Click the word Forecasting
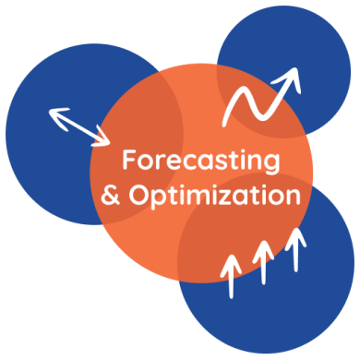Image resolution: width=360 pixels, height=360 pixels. (200, 161)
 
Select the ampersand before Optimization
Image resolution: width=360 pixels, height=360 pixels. (110, 196)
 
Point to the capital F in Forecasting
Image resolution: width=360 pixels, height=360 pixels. (129, 161)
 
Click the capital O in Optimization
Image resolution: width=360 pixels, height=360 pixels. (138, 196)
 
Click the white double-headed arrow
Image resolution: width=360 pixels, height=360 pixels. (78, 126)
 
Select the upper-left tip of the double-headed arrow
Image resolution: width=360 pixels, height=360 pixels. (52, 112)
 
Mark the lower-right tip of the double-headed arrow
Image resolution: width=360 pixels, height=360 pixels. (106, 142)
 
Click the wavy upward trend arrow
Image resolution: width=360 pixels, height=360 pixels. (263, 97)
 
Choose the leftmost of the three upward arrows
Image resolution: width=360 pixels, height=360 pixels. (231, 275)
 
